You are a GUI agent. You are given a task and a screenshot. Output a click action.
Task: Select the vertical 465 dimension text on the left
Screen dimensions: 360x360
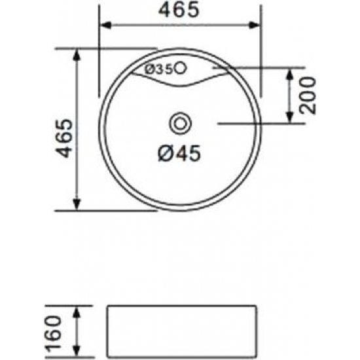(x=63, y=139)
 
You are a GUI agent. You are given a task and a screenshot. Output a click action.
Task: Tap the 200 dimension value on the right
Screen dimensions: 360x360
(x=308, y=96)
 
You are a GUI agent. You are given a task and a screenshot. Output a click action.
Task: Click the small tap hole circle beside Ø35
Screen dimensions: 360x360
(x=181, y=67)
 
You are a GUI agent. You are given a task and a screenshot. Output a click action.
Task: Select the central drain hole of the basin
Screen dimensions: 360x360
(x=179, y=122)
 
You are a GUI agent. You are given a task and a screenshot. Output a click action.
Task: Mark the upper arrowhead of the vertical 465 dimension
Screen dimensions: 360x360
(x=77, y=52)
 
